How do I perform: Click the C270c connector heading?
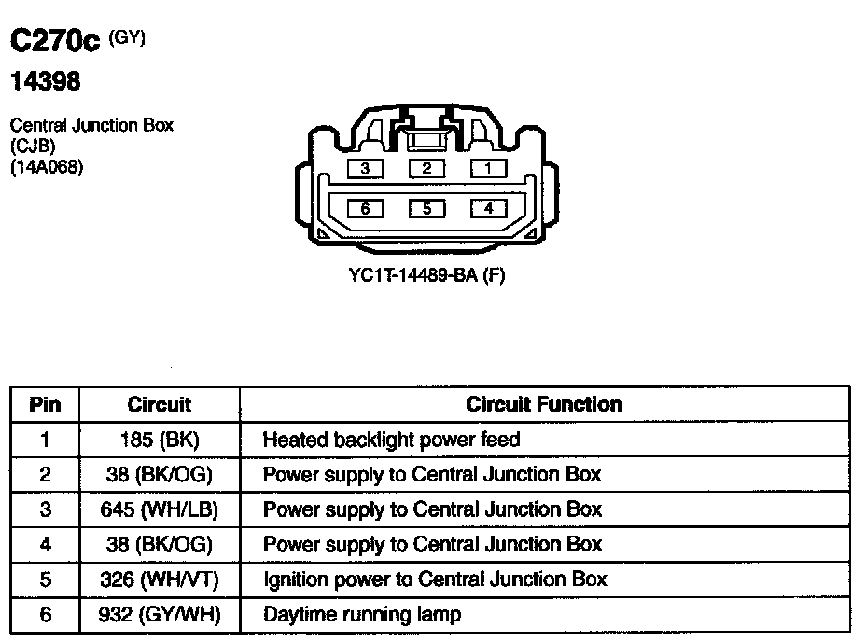(54, 43)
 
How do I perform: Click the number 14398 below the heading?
(45, 82)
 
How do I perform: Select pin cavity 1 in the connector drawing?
(488, 169)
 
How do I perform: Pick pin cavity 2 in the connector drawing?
(426, 169)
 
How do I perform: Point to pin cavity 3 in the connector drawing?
(365, 169)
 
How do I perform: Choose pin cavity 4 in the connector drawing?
(488, 208)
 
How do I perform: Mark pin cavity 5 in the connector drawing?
(426, 208)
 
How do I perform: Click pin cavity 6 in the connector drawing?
(365, 208)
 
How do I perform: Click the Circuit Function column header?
(543, 404)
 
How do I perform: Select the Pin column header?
(45, 405)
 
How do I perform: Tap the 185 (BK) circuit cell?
(160, 440)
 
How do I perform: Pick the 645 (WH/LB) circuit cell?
(160, 509)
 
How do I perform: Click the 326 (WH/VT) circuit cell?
(160, 579)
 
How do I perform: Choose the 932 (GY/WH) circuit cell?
(160, 615)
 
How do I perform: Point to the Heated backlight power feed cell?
(391, 440)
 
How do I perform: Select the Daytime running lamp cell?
(361, 615)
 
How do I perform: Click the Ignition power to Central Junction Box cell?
(435, 579)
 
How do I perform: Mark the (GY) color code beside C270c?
(128, 37)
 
